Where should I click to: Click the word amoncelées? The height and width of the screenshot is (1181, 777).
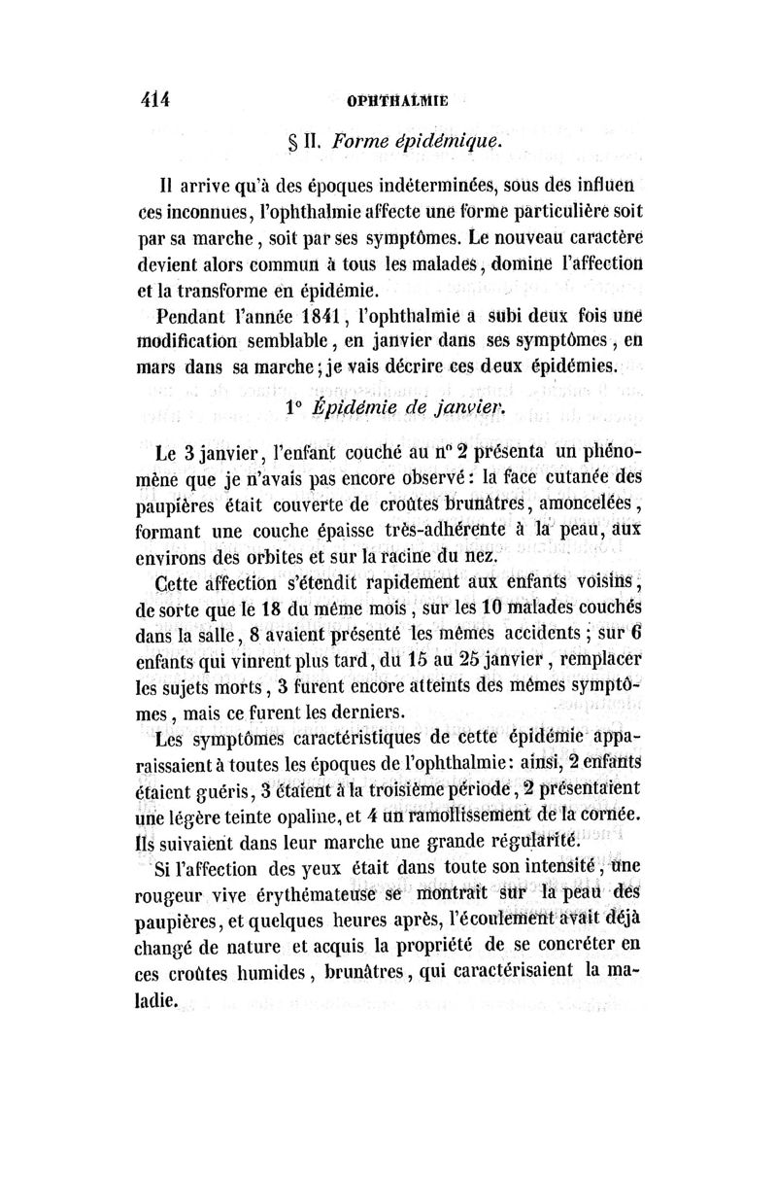pyautogui.click(x=582, y=504)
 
